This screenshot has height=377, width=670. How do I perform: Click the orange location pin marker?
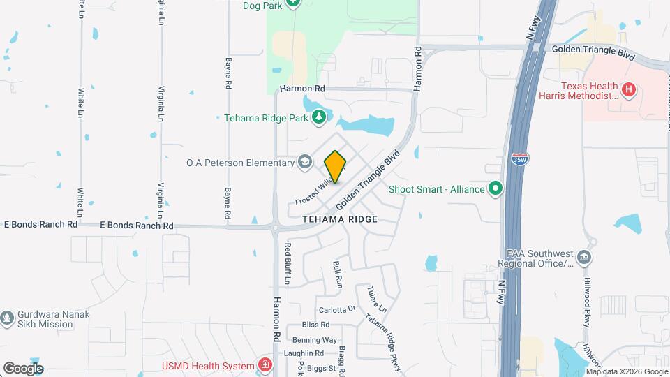point(336,166)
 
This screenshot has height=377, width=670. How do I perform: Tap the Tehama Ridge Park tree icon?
point(319,117)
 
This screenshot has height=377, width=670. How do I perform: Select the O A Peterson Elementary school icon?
point(304,163)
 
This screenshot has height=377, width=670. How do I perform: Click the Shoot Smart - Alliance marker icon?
point(496,188)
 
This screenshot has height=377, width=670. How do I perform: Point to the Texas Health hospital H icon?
point(629,89)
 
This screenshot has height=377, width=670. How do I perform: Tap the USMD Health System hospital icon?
point(265,364)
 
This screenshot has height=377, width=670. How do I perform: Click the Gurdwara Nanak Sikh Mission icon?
point(8,318)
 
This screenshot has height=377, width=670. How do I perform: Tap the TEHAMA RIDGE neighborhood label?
point(340,219)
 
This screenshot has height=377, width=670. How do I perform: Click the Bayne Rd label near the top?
point(228,73)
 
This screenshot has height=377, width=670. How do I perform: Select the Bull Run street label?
point(338,275)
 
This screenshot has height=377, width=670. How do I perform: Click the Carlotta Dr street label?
point(337,309)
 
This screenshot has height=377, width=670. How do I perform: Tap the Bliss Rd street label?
point(315,325)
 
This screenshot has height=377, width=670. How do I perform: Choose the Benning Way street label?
point(314,340)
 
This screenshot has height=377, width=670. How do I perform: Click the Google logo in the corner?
point(23,368)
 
